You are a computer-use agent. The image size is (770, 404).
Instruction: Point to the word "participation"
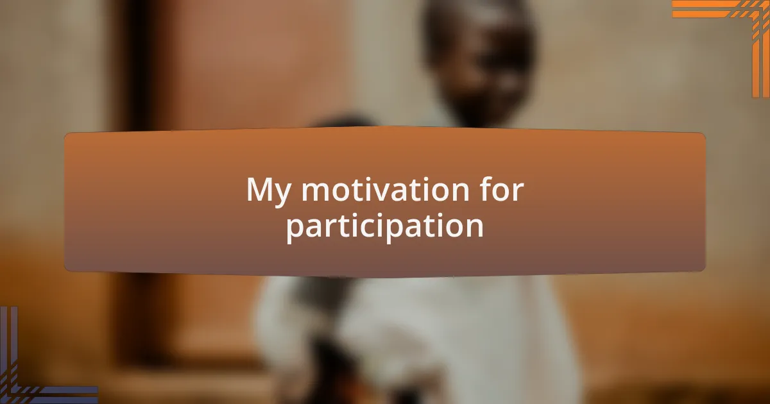click(x=385, y=226)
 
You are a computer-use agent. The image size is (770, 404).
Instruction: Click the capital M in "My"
click(x=262, y=190)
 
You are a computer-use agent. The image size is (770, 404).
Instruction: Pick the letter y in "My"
click(x=285, y=195)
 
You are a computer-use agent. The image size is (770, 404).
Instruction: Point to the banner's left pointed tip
click(x=66, y=202)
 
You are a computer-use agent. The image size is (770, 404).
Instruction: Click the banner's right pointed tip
click(x=704, y=202)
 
